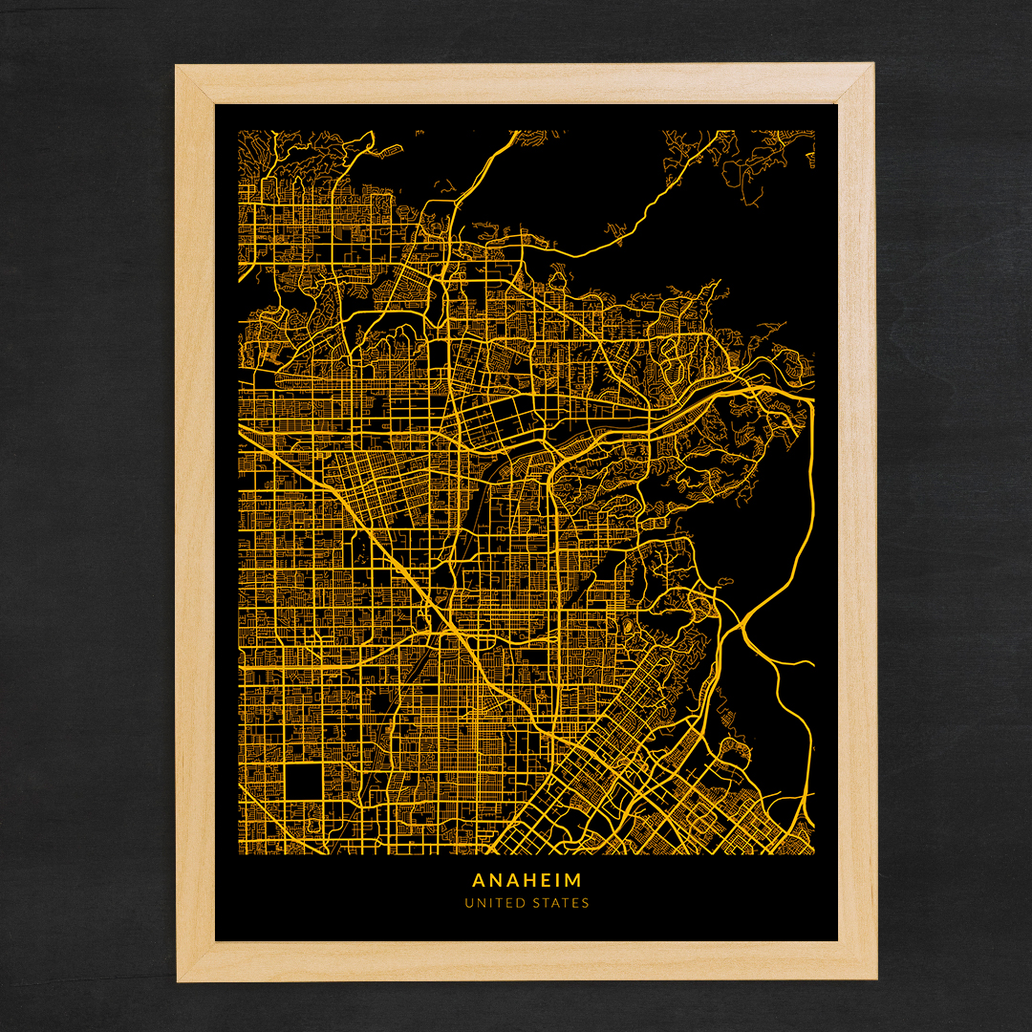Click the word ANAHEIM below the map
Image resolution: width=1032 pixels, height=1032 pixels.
(527, 879)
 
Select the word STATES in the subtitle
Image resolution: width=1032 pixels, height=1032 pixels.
(563, 903)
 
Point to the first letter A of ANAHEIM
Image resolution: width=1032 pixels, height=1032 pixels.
(478, 879)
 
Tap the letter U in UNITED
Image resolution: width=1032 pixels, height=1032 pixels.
(469, 903)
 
